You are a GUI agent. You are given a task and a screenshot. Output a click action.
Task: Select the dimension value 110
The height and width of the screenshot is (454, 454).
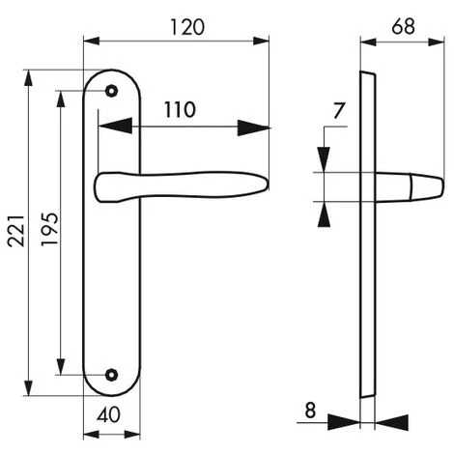(x=179, y=109)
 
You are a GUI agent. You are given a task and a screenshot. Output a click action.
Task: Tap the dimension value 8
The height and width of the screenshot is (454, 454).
(x=309, y=410)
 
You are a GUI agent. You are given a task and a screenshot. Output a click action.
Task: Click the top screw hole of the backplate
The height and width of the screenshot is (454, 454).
(x=112, y=93)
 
